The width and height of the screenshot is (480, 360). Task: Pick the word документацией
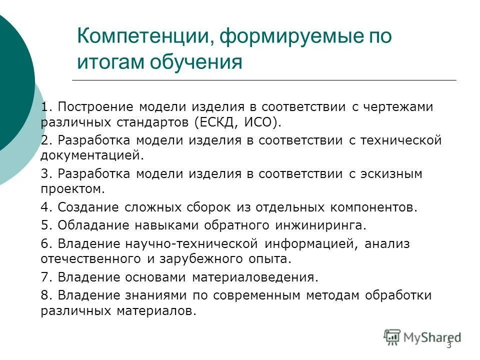click(91, 155)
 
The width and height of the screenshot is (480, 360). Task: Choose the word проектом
click(72, 188)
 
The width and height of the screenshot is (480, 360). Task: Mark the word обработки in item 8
click(398, 295)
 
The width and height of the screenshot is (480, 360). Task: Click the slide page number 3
click(448, 345)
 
